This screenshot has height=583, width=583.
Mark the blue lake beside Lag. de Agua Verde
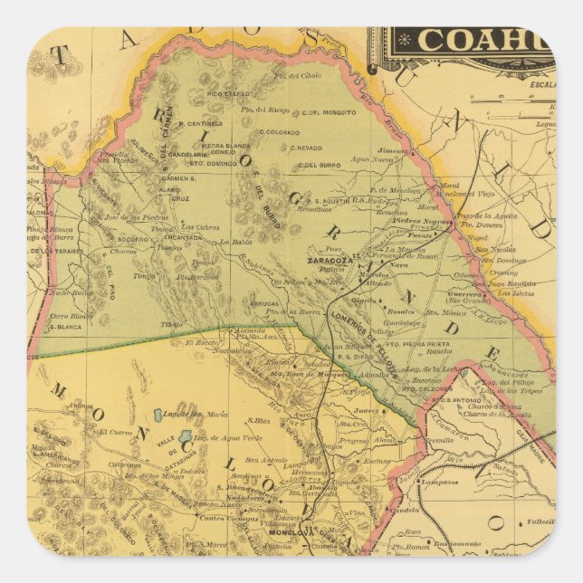(185, 436)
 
